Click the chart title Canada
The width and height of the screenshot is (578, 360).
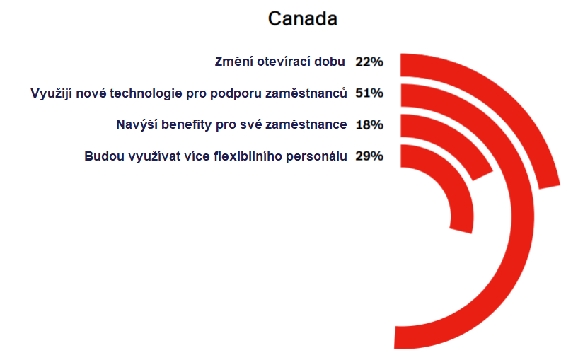tap(302, 18)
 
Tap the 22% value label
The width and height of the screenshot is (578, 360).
tap(369, 62)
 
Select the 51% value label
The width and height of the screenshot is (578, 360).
tap(369, 93)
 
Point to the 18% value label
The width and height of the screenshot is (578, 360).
tap(369, 124)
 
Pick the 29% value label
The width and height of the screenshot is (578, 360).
tap(369, 156)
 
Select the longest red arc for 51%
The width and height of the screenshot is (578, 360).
tap(523, 217)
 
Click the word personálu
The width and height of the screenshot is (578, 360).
tap(317, 156)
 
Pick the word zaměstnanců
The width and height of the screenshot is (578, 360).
tap(306, 93)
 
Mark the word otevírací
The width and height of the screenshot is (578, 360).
tap(284, 61)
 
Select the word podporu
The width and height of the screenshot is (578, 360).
tap(236, 93)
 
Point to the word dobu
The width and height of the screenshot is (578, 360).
tap(330, 61)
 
